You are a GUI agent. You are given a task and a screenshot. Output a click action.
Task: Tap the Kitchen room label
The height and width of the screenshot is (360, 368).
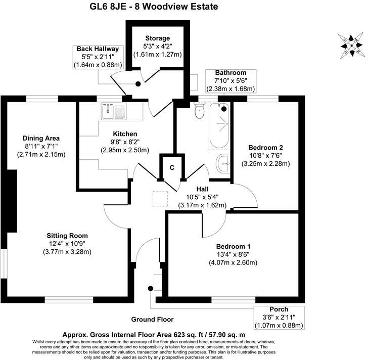(x=124, y=133)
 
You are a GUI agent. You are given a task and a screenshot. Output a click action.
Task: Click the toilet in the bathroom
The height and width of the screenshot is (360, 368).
(x=199, y=111)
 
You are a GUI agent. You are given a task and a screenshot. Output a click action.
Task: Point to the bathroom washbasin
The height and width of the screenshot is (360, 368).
(x=223, y=163)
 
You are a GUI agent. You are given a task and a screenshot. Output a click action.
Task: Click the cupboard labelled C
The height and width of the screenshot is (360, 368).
(x=172, y=168)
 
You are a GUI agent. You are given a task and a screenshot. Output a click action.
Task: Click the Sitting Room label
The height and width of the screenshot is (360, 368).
(x=67, y=236)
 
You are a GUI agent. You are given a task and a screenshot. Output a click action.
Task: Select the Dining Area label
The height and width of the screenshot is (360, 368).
(x=41, y=138)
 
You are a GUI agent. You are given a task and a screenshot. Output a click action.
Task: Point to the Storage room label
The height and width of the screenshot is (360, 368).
(x=157, y=38)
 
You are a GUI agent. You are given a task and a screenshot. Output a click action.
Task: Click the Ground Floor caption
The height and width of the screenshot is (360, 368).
(x=152, y=320)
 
